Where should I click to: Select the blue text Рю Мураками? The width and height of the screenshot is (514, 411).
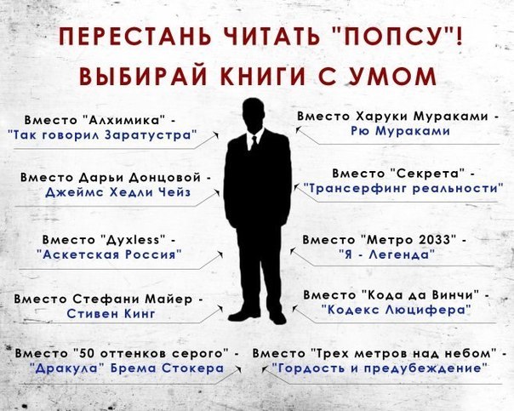tap(400, 131)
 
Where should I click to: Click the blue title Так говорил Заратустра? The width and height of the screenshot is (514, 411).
tap(103, 134)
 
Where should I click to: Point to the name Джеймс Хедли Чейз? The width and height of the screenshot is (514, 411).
tap(118, 191)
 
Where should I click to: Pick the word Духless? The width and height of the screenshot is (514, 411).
tap(134, 240)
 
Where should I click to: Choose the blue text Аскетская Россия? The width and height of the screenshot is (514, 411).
tap(109, 254)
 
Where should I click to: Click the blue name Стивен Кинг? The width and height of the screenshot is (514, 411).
tap(111, 314)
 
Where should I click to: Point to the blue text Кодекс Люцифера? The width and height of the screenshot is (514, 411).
tap(396, 309)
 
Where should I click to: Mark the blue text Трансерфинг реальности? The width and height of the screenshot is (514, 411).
tap(403, 189)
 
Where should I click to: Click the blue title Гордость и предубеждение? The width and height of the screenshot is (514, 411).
tap(380, 368)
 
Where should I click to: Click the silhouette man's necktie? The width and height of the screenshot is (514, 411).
tap(254, 143)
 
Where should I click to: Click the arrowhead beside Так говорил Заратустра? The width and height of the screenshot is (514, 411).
tap(216, 134)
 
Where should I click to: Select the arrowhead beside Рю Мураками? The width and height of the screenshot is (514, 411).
tap(298, 129)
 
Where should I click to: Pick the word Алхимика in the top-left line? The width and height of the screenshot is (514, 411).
tap(122, 120)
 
